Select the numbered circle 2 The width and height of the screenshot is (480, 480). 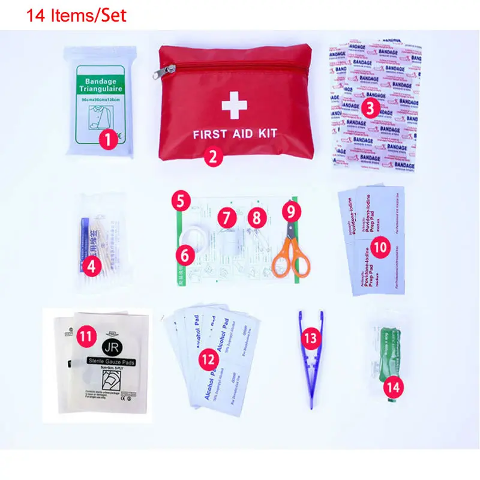(x=213, y=157)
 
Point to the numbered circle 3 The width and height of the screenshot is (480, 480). (x=371, y=108)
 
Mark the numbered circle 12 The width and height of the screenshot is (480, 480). (x=209, y=359)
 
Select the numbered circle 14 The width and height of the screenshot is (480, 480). (x=393, y=387)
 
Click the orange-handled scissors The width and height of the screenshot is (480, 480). (x=292, y=255)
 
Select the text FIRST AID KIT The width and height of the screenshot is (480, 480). (x=234, y=134)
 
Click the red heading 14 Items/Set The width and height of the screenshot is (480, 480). (x=77, y=14)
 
